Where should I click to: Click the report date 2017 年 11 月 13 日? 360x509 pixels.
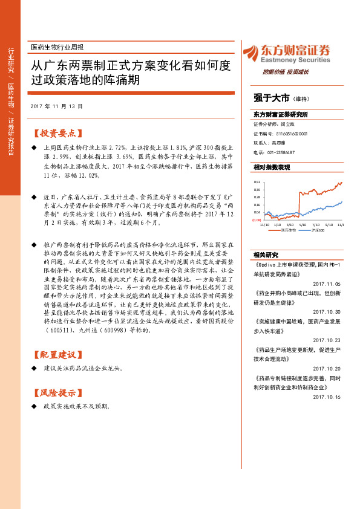click(56, 106)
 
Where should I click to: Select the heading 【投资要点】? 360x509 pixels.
click(57, 132)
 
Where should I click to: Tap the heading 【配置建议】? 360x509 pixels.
click(57, 354)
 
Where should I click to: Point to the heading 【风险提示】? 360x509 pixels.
click(57, 391)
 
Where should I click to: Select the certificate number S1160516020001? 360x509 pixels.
click(292, 134)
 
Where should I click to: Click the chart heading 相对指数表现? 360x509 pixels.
click(272, 167)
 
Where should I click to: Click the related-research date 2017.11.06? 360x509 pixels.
click(327, 284)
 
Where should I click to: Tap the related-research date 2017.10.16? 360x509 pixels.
click(327, 397)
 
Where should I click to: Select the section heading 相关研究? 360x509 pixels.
click(266, 254)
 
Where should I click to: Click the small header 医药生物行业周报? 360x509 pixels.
click(57, 47)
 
